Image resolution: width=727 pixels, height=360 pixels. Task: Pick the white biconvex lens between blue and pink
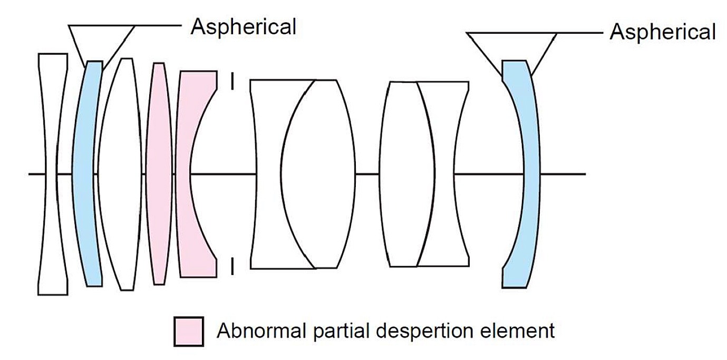[x=120, y=174]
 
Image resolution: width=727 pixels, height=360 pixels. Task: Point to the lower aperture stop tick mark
[x=232, y=267]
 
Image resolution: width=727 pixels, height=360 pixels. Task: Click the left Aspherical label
[x=243, y=26]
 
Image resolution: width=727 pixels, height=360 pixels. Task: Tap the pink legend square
[x=188, y=332]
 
